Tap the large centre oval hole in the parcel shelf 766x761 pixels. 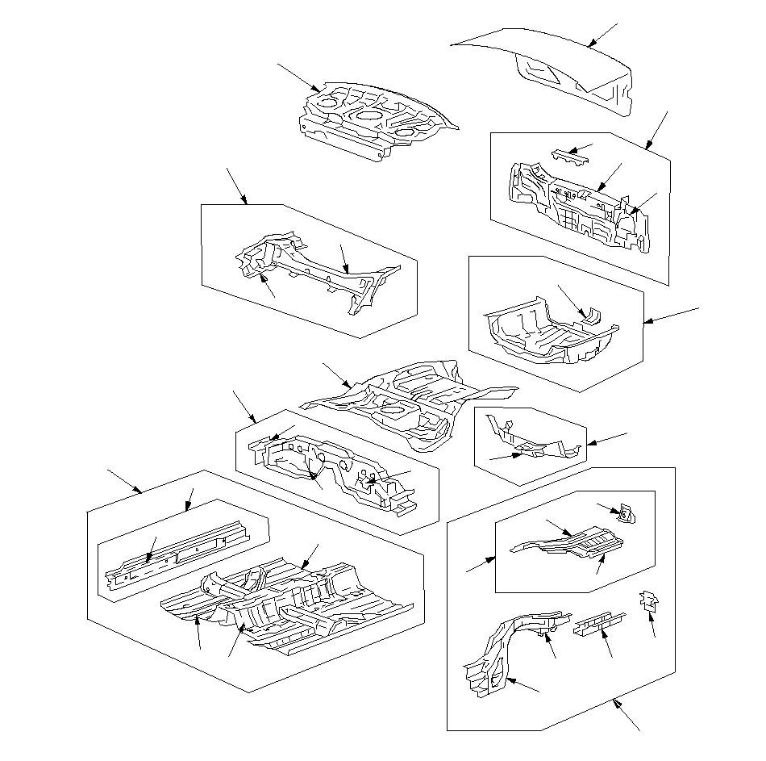368,115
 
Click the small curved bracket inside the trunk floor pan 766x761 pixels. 591,316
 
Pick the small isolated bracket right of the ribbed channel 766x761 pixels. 648,600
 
